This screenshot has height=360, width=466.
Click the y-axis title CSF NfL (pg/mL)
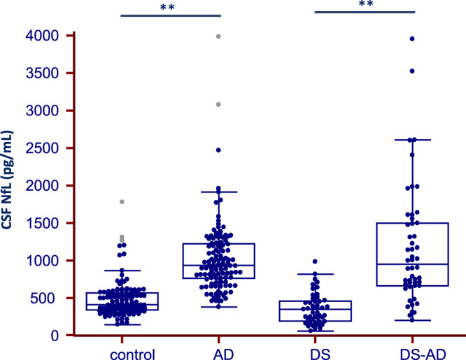pos(12,186)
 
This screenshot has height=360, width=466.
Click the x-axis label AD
pos(220,352)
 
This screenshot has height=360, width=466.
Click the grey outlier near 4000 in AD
pos(220,36)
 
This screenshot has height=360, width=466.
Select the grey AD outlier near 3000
pos(219,104)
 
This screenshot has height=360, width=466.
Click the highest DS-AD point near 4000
pos(412,38)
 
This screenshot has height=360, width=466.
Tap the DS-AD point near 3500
pos(412,71)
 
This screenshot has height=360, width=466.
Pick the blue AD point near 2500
pos(219,150)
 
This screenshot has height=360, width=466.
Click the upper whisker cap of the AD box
pos(220,192)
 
